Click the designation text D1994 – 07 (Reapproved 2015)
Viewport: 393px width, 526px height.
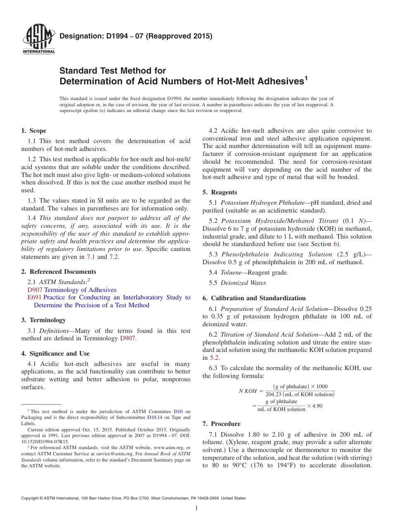coord(136,36)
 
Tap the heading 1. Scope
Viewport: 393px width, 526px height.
coord(34,131)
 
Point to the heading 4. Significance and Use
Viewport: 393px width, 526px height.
coord(55,354)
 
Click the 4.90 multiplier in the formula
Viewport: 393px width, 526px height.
coord(317,406)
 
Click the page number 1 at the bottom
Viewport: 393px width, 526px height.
coord(196,508)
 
